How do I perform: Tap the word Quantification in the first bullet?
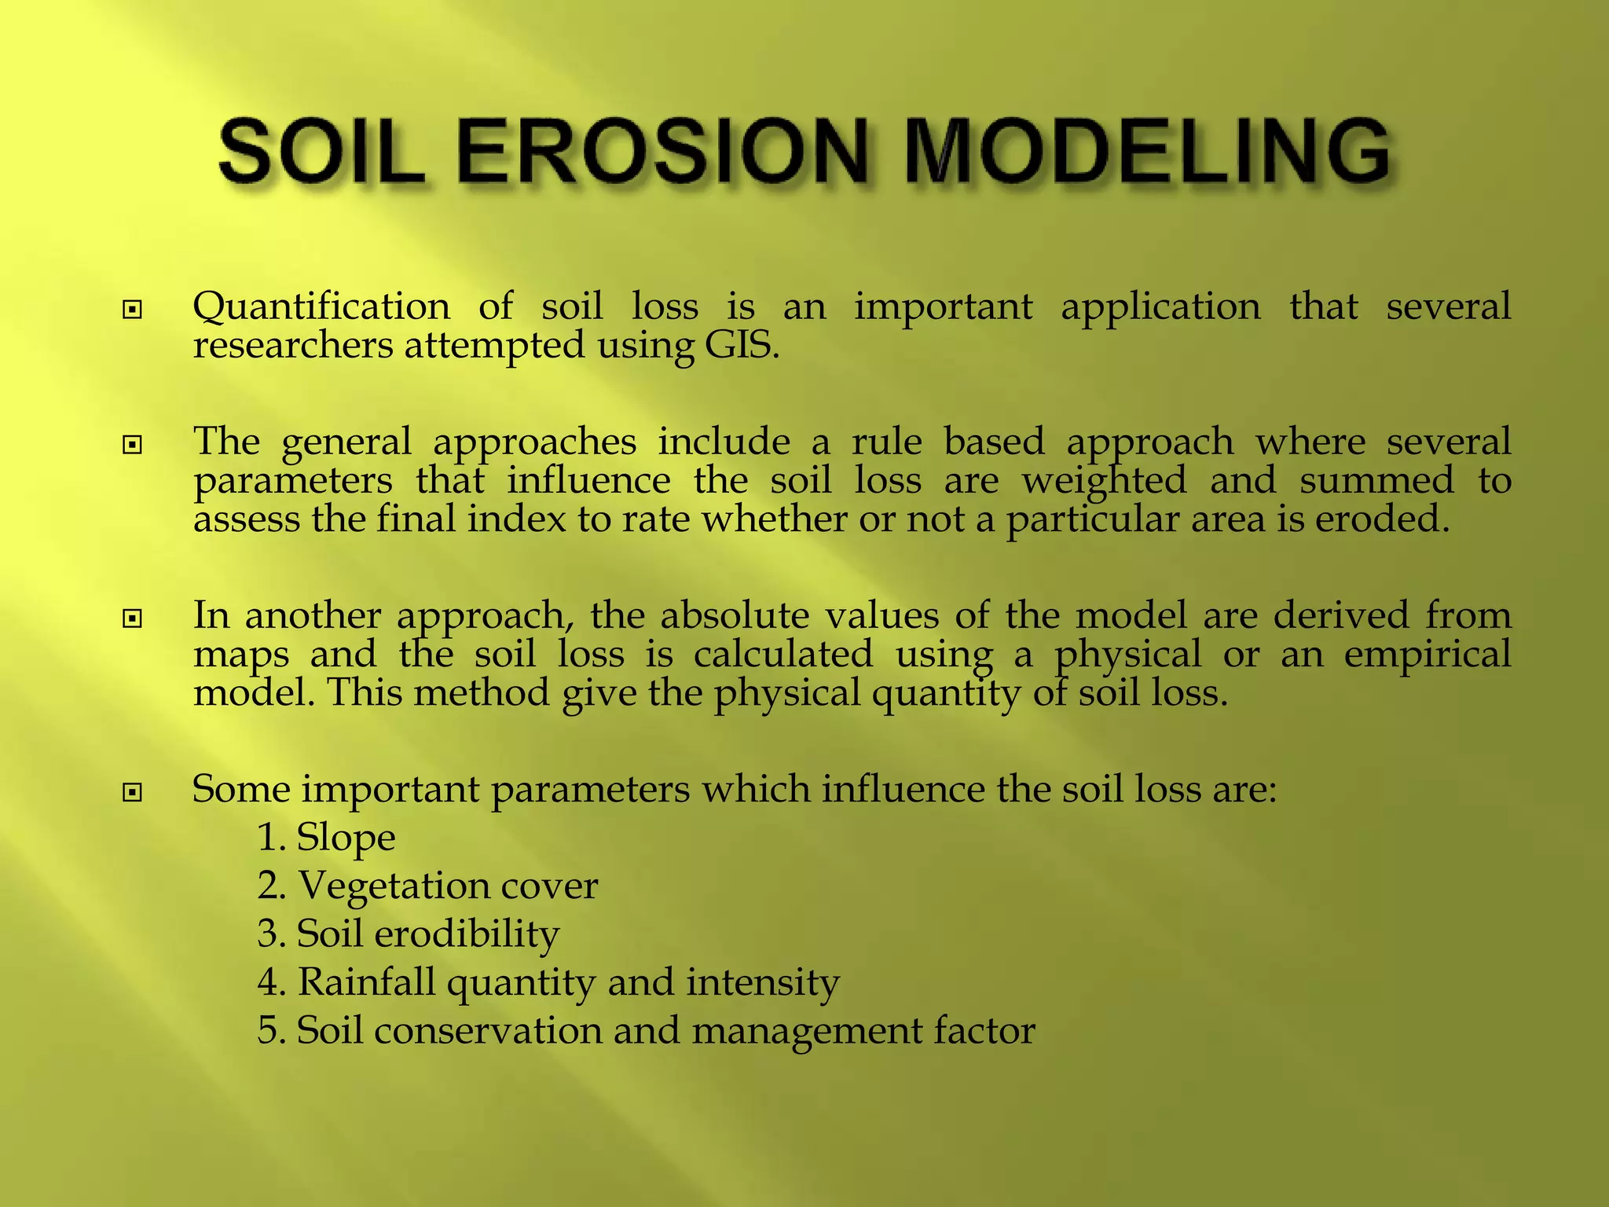coord(321,306)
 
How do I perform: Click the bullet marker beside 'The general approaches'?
coord(133,446)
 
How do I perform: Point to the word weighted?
coord(1104,481)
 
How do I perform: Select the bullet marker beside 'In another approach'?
coord(133,619)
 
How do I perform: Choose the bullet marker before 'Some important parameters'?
coord(133,793)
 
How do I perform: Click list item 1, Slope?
coord(346,838)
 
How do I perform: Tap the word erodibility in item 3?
coord(467,934)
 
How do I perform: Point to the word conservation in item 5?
coord(487,1031)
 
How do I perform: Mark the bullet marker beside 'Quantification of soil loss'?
coord(133,310)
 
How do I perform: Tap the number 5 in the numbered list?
coord(268,1031)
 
